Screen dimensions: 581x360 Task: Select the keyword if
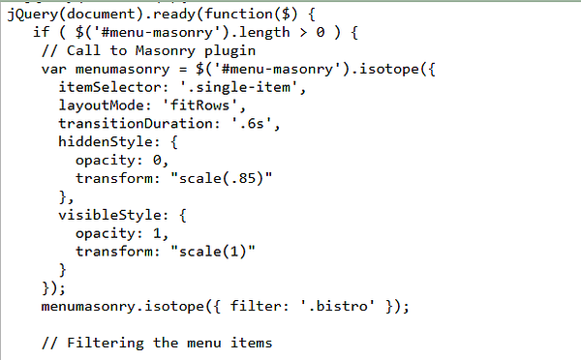(x=41, y=33)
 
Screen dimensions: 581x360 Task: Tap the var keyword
(x=54, y=69)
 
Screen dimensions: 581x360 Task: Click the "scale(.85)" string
(x=221, y=179)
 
